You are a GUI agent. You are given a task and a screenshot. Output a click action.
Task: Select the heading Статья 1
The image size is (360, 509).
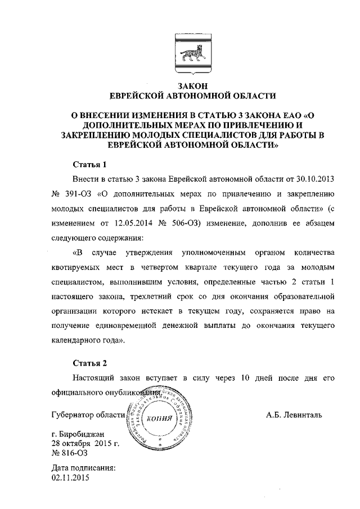pos(90,165)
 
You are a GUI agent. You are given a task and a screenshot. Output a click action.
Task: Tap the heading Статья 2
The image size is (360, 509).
pos(90,363)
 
